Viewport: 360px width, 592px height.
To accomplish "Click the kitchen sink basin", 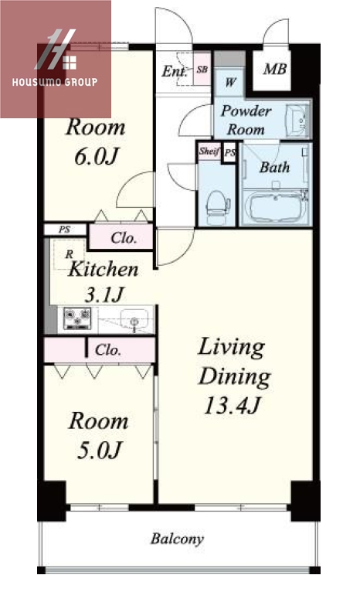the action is [134, 319].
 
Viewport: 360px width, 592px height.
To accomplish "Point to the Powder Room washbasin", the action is [298, 121].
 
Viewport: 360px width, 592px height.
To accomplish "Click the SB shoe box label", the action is [202, 70].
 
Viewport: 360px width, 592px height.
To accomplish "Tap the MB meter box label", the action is [275, 69].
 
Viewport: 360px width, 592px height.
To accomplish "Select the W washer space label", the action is [230, 82].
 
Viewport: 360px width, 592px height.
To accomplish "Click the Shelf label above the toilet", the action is [209, 151].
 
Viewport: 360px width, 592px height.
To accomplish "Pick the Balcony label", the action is [177, 539].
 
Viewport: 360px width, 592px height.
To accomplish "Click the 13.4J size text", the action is [232, 406].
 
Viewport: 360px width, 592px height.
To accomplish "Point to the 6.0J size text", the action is [97, 156].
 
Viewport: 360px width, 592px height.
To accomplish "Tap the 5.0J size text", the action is [100, 450].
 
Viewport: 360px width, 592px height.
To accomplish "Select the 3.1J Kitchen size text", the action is [104, 294].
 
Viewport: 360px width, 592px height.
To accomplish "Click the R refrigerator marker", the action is [69, 254].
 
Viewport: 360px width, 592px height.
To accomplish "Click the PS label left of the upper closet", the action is [65, 230].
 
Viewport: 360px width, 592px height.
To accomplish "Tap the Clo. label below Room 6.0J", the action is [124, 238].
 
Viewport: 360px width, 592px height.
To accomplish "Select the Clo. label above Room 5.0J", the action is [108, 349].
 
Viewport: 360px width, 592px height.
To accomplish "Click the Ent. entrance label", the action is [175, 71].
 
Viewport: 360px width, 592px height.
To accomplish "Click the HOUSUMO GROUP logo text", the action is [55, 82].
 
